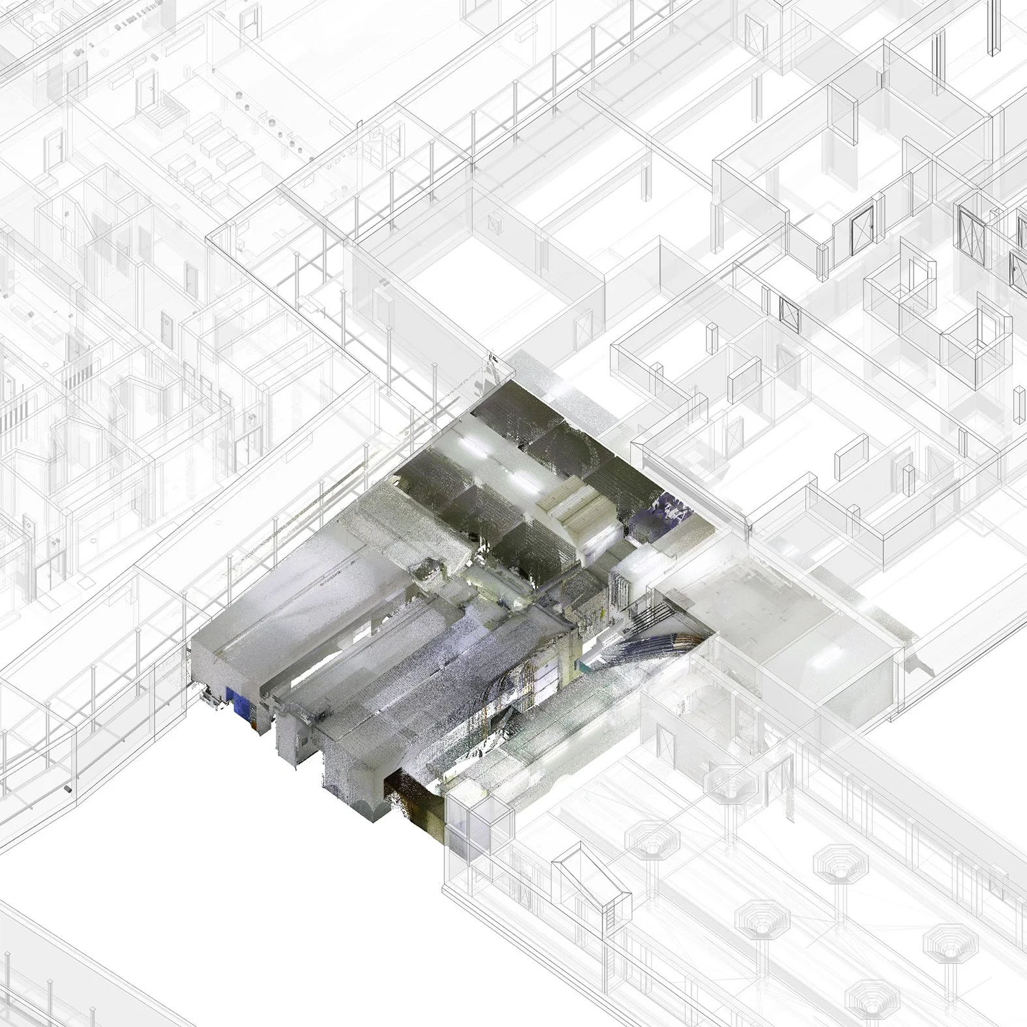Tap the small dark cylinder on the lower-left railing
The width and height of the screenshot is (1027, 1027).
click(66, 790)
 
